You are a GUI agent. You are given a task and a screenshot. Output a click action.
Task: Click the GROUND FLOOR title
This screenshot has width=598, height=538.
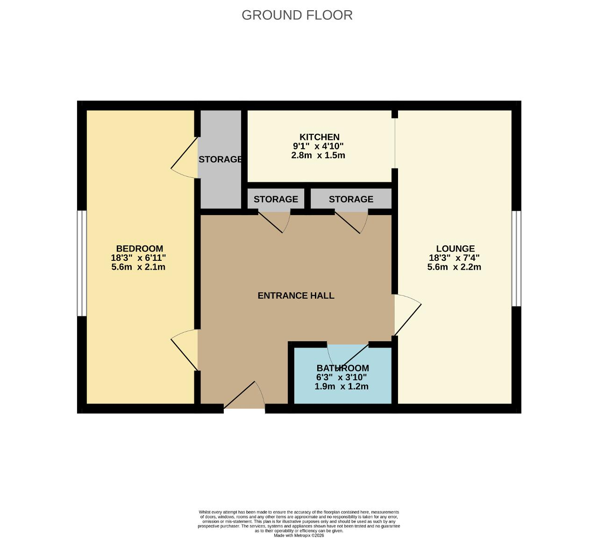(297, 15)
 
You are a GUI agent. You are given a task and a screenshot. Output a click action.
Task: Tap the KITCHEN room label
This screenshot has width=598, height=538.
(319, 137)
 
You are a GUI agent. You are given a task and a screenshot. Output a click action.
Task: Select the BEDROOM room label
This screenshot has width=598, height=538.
(140, 249)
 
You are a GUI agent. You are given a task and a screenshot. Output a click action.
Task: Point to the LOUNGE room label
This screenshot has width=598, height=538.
(456, 249)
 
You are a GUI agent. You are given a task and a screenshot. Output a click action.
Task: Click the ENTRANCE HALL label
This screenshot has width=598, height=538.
(296, 295)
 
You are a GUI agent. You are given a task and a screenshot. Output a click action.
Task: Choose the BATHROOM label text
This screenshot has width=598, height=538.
(343, 368)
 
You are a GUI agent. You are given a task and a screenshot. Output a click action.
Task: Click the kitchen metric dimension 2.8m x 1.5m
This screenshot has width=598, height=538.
(318, 155)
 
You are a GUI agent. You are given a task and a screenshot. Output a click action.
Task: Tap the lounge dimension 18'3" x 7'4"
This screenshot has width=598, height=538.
(454, 258)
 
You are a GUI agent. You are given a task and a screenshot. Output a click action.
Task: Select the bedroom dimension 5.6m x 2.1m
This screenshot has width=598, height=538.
(138, 267)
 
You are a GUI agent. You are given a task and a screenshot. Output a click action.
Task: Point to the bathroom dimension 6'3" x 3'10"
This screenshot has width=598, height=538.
(342, 377)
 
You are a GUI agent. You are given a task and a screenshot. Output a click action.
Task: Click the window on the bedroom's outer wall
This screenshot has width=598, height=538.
(82, 264)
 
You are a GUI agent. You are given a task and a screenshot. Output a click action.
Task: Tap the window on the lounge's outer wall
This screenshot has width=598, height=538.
(517, 259)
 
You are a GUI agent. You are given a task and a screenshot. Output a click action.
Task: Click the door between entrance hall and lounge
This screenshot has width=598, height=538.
(408, 315)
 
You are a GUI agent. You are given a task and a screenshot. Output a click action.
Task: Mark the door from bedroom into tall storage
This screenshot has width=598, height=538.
(184, 158)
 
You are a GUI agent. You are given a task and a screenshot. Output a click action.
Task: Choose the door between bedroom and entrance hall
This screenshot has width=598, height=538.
(184, 350)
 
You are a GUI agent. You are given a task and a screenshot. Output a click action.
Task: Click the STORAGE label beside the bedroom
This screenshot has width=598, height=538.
(220, 160)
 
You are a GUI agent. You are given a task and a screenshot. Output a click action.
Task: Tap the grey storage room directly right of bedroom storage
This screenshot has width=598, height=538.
(276, 199)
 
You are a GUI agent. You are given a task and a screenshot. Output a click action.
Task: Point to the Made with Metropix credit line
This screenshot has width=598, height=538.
(299, 535)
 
